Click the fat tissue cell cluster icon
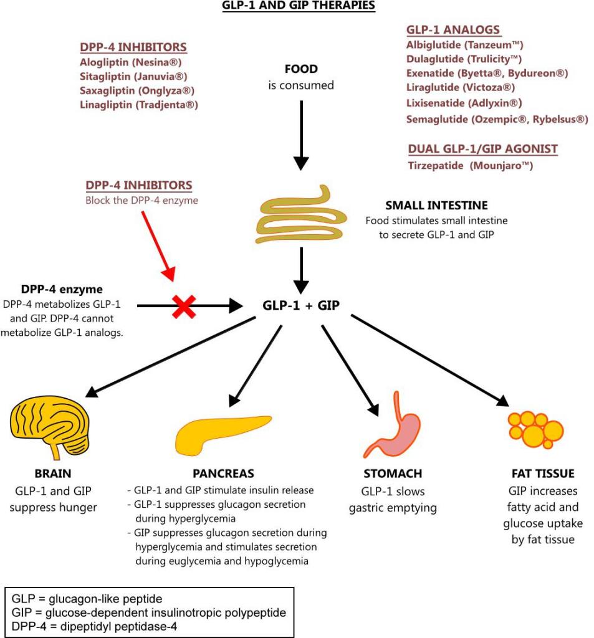(x=534, y=428)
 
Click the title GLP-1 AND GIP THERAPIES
(x=299, y=6)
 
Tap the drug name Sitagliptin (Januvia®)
(x=133, y=76)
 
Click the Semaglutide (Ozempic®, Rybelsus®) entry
(x=497, y=119)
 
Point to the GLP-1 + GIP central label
(x=301, y=306)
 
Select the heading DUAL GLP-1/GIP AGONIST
(x=482, y=149)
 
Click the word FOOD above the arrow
(x=301, y=69)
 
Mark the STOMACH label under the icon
(x=393, y=474)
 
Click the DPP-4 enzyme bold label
(x=62, y=290)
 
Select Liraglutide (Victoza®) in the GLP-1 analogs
(x=460, y=87)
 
